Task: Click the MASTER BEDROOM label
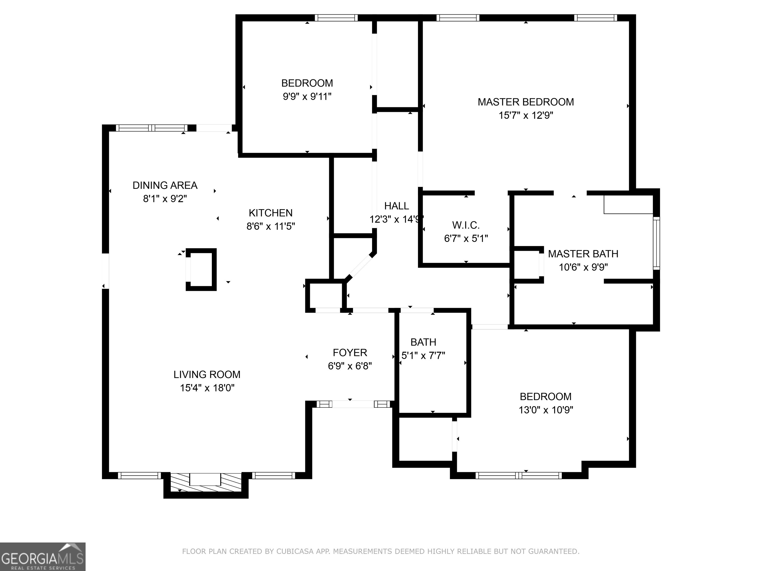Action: click(x=526, y=102)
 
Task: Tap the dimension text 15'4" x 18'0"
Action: click(x=207, y=388)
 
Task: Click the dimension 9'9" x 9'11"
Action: click(x=307, y=96)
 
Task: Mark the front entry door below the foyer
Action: click(x=353, y=404)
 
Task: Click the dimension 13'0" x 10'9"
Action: click(x=546, y=410)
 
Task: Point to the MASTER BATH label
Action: click(x=583, y=254)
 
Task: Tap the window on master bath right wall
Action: click(x=656, y=243)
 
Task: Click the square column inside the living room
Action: click(x=201, y=269)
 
